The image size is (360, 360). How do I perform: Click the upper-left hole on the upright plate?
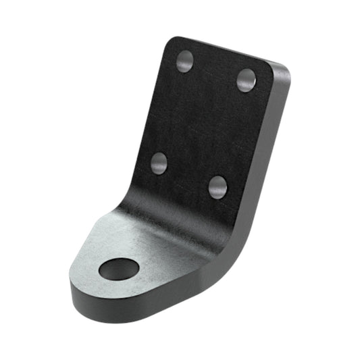tap(184, 61)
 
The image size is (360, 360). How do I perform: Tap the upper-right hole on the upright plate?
tap(247, 80)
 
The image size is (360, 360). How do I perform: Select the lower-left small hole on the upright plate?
tap(159, 163)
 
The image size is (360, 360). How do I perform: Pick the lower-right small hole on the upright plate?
tap(217, 186)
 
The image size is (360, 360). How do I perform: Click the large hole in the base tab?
tap(118, 269)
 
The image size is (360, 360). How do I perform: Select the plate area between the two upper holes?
tap(215, 70)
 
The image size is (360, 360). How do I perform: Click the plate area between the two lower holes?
tap(188, 174)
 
